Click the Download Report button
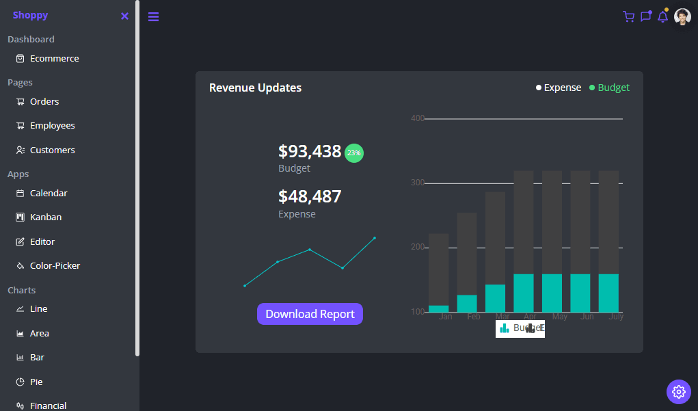310,314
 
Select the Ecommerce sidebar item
54,59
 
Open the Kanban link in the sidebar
45,217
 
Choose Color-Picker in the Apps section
55,266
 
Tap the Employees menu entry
52,126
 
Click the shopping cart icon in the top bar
628,16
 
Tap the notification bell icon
662,16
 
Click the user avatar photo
682,16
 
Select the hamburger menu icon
153,16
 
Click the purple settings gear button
678,391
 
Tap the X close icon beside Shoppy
124,16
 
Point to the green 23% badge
354,153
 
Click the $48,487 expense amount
310,197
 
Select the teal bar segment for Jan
439,309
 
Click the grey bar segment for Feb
467,253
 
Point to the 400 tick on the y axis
417,118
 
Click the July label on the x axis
616,317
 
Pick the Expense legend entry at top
559,88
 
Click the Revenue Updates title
255,88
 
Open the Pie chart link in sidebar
36,382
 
